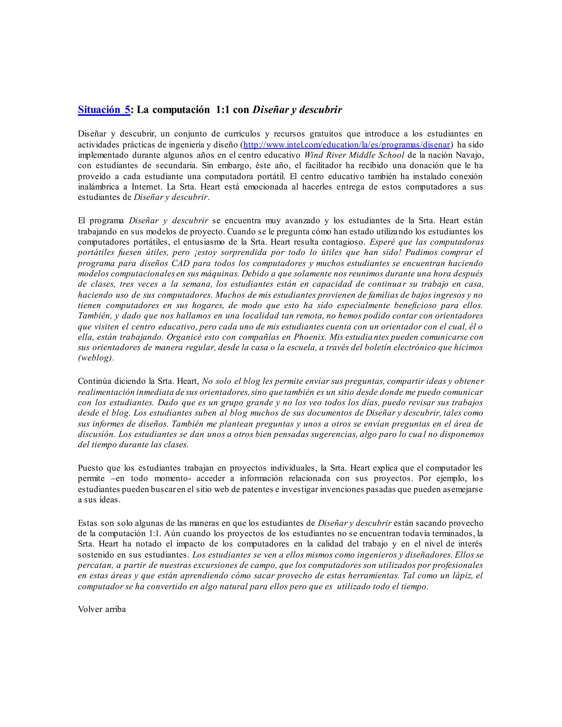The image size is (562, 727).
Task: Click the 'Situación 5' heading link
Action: (104, 110)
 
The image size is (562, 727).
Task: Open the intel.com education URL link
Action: (347, 145)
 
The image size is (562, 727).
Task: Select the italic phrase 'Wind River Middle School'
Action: (354, 155)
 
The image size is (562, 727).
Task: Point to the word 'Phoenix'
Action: (309, 337)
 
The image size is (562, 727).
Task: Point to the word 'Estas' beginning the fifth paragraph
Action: (88, 523)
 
